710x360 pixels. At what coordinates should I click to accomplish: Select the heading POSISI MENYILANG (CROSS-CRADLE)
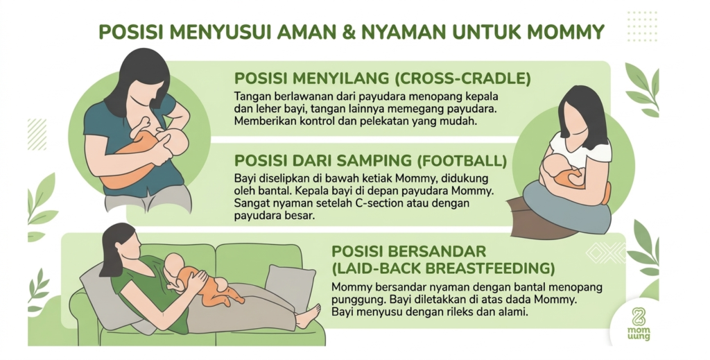[x=383, y=78]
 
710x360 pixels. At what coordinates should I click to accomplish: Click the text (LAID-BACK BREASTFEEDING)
[x=443, y=268]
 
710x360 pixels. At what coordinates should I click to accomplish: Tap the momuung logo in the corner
[x=639, y=324]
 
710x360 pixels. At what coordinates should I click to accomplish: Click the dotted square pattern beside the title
[x=642, y=26]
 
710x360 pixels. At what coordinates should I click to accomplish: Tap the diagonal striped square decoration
[x=37, y=135]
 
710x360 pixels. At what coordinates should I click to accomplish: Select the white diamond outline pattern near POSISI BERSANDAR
[x=606, y=252]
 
